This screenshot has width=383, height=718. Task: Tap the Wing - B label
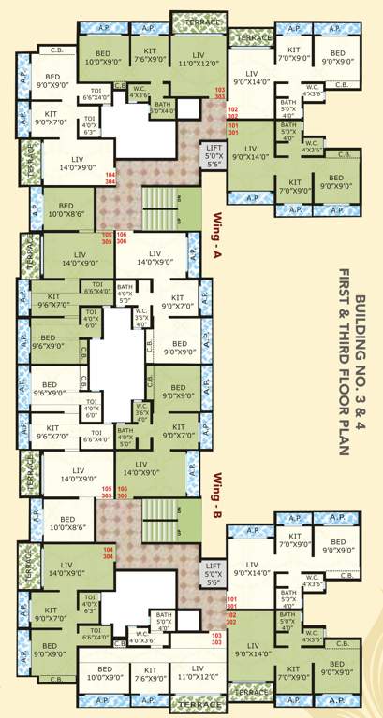tap(217, 484)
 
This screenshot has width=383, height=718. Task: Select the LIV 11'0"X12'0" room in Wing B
tap(197, 671)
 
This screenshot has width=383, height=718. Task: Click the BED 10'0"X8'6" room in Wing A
tap(66, 209)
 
